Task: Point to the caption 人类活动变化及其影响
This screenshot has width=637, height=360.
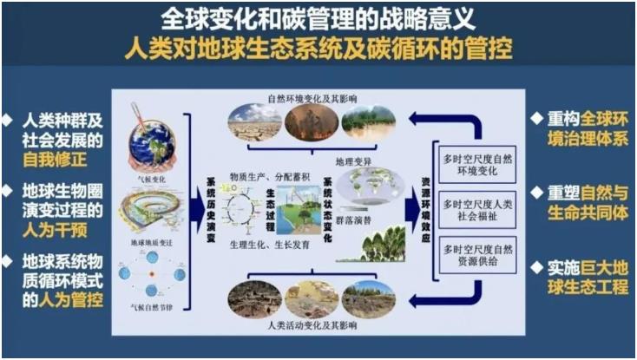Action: click(x=313, y=327)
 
